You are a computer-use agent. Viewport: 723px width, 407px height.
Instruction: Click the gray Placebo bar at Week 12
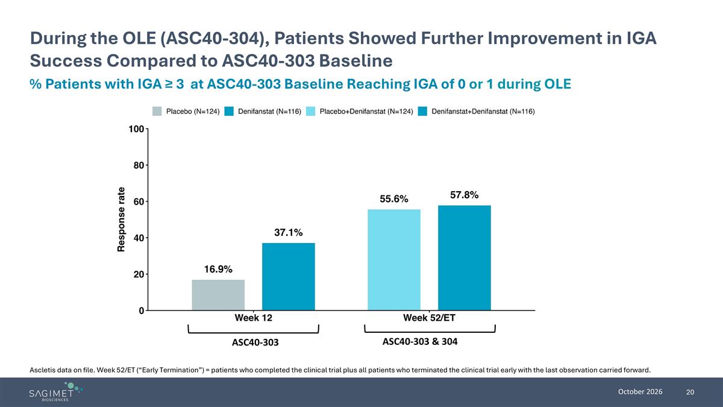(x=218, y=295)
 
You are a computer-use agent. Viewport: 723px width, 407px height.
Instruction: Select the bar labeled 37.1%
(x=289, y=277)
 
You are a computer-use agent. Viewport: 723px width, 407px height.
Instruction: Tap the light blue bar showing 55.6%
(x=394, y=260)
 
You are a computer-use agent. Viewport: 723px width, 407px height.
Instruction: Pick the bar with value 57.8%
(x=465, y=258)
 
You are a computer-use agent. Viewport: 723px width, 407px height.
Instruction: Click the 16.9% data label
(x=218, y=269)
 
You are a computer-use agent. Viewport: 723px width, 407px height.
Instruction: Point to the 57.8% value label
(x=465, y=195)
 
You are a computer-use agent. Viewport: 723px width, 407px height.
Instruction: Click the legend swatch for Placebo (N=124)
(x=157, y=112)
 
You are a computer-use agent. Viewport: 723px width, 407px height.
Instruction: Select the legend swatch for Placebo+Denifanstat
(x=310, y=112)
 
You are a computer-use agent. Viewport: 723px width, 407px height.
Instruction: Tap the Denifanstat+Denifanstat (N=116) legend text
(x=483, y=112)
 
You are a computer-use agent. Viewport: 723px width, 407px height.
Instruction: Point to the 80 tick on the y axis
(x=139, y=165)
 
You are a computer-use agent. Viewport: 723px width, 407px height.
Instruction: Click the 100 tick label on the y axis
(x=136, y=129)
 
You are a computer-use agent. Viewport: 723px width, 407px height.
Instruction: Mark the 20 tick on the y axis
(x=139, y=274)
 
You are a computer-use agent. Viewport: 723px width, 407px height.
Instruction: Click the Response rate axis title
(x=121, y=219)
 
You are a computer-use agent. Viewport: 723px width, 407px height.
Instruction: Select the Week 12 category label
(x=254, y=318)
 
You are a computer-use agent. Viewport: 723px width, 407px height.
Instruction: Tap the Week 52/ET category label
(x=429, y=318)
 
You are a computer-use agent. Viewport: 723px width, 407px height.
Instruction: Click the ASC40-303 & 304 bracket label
(x=420, y=341)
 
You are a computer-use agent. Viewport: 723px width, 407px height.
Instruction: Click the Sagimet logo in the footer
(x=55, y=392)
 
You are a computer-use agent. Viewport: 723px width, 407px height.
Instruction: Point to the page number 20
(x=690, y=392)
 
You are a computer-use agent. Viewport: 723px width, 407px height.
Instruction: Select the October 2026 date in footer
(x=640, y=392)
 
